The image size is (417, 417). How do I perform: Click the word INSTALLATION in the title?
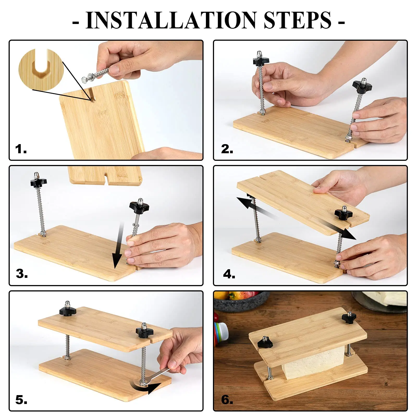(171, 20)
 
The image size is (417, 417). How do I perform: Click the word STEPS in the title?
(297, 20)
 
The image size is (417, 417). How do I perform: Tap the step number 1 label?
(21, 149)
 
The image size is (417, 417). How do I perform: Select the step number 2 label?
(227, 149)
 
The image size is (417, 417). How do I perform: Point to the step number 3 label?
(22, 274)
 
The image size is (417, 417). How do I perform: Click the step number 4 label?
(229, 274)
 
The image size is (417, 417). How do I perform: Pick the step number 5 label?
(21, 400)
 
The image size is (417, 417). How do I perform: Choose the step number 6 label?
(227, 400)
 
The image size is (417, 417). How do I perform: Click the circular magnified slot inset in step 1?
(41, 70)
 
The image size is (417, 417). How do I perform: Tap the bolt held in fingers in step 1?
(95, 75)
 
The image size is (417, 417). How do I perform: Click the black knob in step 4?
(344, 213)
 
